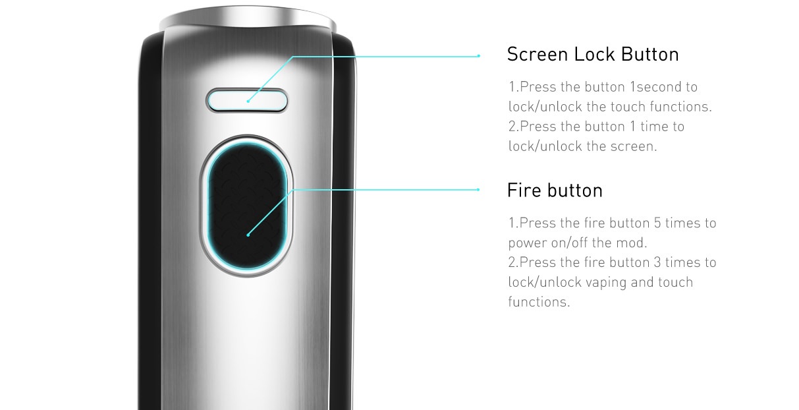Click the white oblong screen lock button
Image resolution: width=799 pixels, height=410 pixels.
coord(247,101)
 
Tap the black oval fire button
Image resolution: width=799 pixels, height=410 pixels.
coord(247,205)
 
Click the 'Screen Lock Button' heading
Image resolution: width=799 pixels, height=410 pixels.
coord(592,55)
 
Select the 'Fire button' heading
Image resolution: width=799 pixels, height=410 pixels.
coord(555,190)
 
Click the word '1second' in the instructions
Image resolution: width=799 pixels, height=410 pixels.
coord(651,87)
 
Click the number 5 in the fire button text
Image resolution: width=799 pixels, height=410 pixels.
coord(657,223)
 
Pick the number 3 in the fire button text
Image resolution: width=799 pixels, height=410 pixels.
coord(657,262)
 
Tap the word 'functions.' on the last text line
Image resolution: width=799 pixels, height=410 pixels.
coord(539,302)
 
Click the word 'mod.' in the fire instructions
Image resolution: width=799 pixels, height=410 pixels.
coord(632,243)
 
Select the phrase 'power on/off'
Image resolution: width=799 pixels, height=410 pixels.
coord(547,243)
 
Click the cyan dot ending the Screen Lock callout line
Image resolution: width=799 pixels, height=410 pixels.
coord(479,55)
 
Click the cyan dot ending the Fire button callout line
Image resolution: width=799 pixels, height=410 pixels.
coord(479,189)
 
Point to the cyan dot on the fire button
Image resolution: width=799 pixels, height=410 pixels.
coord(248,235)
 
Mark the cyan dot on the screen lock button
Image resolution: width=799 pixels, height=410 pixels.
coord(248,102)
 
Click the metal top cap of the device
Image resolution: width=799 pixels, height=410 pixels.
coord(247,17)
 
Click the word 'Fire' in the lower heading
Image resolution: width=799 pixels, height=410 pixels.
coord(524,190)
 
